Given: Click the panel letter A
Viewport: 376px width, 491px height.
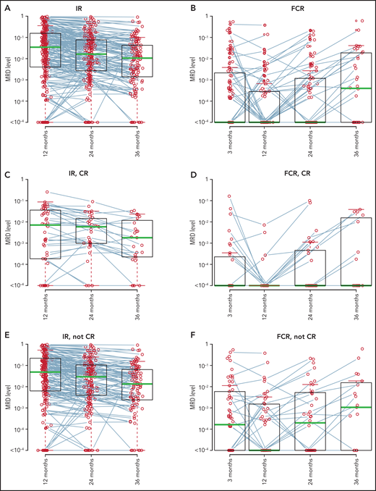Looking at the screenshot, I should point(5,7).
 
